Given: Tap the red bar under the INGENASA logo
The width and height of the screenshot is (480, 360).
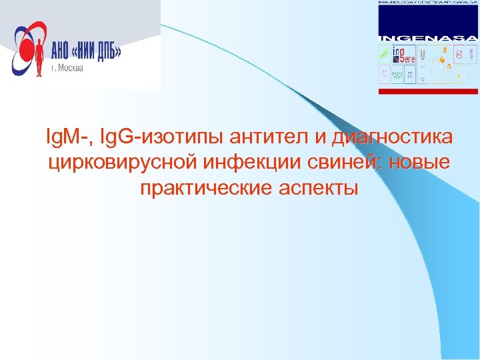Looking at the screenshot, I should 428,90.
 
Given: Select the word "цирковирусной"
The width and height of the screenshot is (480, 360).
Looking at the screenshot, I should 120,163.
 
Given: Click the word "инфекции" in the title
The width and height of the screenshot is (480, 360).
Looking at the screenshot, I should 251,163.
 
